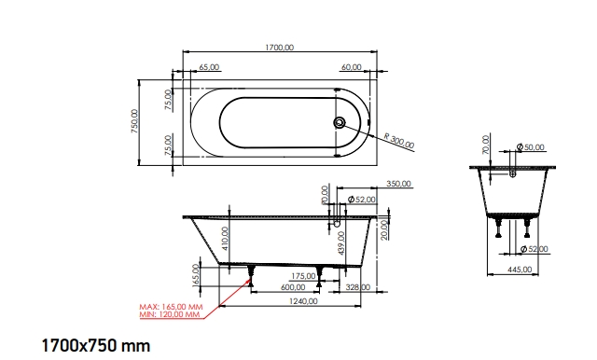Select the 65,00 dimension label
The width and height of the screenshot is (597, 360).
pyautogui.click(x=210, y=67)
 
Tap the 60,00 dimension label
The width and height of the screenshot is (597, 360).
pyautogui.click(x=351, y=67)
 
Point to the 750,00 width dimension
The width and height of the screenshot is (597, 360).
pyautogui.click(x=134, y=121)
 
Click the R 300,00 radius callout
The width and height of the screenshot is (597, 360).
pyautogui.click(x=399, y=139)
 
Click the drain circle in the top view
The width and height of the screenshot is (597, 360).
pyautogui.click(x=340, y=121)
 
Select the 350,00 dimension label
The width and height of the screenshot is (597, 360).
pyautogui.click(x=399, y=185)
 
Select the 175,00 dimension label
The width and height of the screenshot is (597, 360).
pyautogui.click(x=303, y=276)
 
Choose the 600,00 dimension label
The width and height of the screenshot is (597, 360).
pyautogui.click(x=292, y=287)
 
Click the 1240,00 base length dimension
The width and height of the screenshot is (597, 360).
pyautogui.click(x=304, y=300)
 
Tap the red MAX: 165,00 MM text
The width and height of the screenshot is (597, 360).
pyautogui.click(x=171, y=306)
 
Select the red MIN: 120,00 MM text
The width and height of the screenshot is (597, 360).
pyautogui.click(x=170, y=314)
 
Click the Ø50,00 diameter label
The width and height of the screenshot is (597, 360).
pyautogui.click(x=533, y=147)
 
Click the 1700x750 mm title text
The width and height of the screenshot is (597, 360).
pyautogui.click(x=95, y=346)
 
